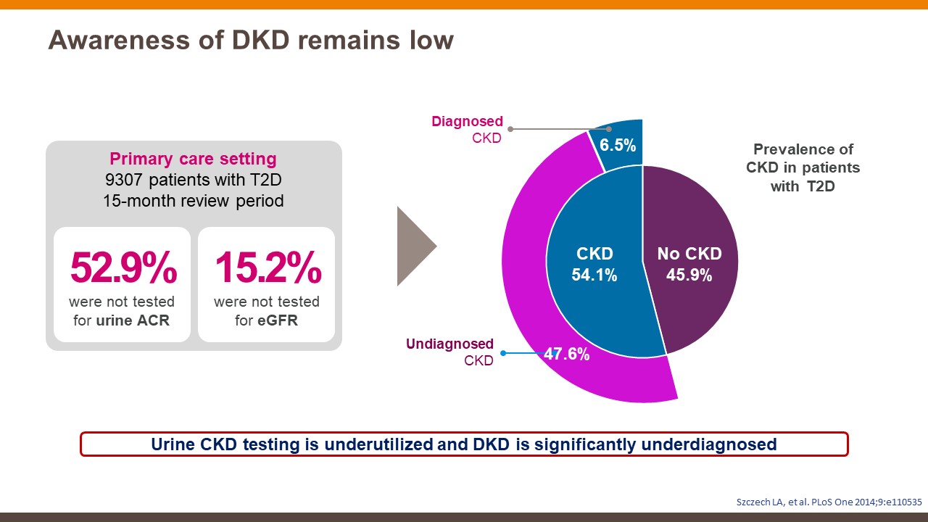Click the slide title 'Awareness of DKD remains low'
[x=251, y=41]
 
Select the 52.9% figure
[x=123, y=269]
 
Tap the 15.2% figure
[x=268, y=269]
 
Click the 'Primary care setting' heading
[x=193, y=159]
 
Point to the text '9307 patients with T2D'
[x=193, y=180]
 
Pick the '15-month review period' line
[x=193, y=201]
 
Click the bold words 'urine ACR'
[x=133, y=320]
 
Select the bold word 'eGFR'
[x=277, y=320]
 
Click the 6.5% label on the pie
[x=618, y=145]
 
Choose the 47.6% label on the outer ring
[x=566, y=355]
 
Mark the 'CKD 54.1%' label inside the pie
[x=594, y=265]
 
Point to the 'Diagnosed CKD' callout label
[x=467, y=129]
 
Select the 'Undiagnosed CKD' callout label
[x=449, y=352]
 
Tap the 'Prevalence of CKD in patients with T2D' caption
[x=803, y=167]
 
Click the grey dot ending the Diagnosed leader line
[x=510, y=129]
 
